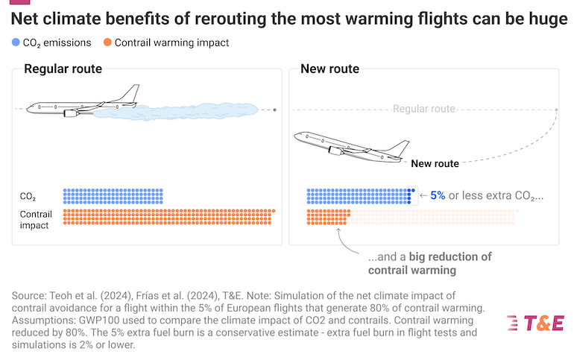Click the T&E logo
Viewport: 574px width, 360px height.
[x=535, y=323]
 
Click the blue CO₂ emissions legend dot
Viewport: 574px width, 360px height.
[x=16, y=42]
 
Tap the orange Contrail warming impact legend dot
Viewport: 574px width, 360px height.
[x=107, y=42]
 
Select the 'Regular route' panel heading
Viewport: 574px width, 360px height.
[x=63, y=69]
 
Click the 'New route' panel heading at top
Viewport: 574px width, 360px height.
[x=329, y=69]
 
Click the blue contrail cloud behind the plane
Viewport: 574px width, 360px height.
[x=176, y=112]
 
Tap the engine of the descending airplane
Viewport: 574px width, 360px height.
[x=335, y=151]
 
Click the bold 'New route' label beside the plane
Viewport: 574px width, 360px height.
[x=435, y=163]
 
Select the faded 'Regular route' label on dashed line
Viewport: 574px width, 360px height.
[x=424, y=109]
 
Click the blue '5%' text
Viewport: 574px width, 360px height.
[x=438, y=195]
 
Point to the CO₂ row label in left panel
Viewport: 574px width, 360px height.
[x=28, y=197]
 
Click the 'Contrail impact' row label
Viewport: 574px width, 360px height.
[x=36, y=220]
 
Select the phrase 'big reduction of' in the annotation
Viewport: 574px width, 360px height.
[x=450, y=257]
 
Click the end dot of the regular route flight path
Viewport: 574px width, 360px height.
[x=275, y=110]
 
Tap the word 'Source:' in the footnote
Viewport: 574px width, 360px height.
[x=29, y=296]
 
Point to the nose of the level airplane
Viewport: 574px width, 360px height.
[x=28, y=108]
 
